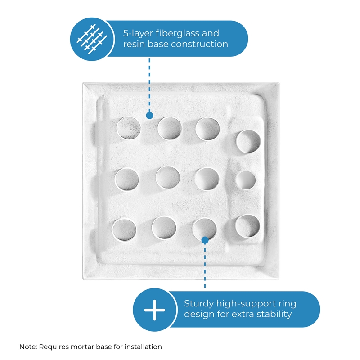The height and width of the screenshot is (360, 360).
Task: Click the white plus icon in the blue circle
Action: click(x=154, y=310)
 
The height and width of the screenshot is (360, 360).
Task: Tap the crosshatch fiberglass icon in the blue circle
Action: click(x=92, y=39)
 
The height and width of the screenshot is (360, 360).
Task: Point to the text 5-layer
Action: click(x=138, y=34)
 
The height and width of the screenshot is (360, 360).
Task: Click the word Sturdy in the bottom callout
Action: click(x=199, y=304)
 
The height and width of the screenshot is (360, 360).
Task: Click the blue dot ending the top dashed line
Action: click(x=149, y=115)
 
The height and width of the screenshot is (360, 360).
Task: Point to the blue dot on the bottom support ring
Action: click(x=205, y=240)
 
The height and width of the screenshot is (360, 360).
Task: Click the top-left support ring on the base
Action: click(x=117, y=129)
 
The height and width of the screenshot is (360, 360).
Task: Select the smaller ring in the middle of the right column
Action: click(x=237, y=180)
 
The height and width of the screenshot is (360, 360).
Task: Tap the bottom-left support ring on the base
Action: click(x=113, y=229)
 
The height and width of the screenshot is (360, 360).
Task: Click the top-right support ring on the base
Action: click(x=237, y=142)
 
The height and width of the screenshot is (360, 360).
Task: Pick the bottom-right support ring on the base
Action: click(x=236, y=226)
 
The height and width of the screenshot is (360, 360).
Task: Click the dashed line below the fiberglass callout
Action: click(x=149, y=85)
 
